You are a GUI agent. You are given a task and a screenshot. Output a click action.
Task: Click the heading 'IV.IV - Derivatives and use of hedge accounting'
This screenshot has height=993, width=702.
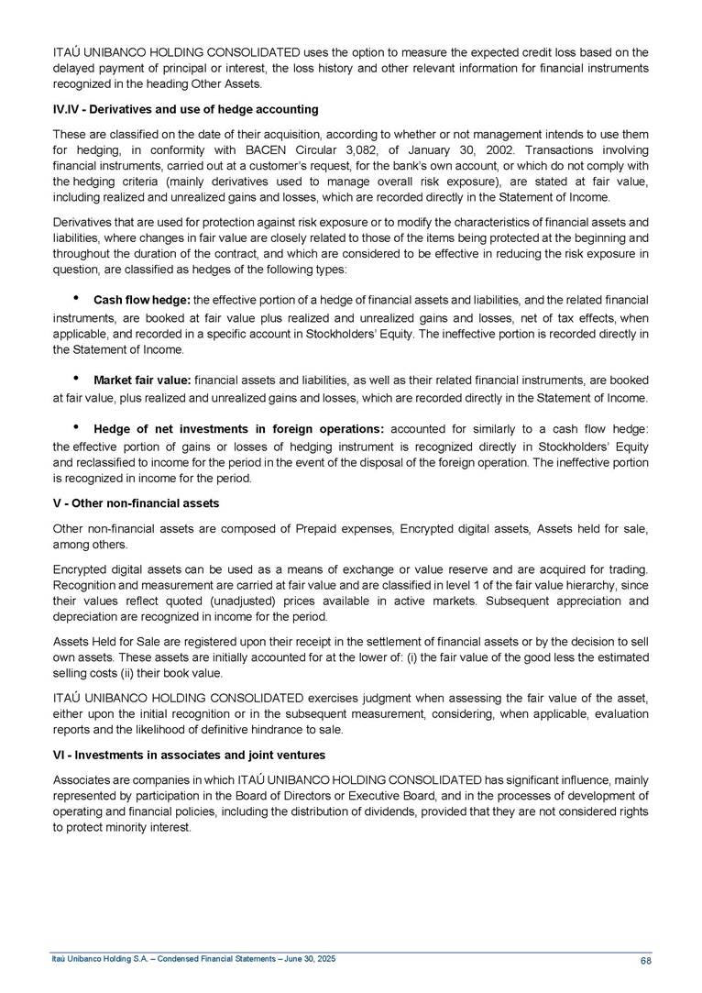pos(185,109)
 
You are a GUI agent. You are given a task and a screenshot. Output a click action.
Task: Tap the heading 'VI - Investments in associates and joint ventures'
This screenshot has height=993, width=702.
pos(189,755)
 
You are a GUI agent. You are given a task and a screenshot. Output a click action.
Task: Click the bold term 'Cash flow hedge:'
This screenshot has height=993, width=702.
pos(142,301)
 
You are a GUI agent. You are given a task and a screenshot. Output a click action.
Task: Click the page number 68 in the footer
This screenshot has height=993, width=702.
pos(645,960)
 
